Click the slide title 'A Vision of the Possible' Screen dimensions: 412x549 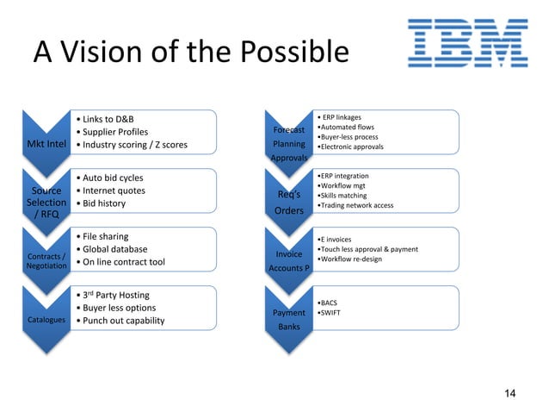pos(190,53)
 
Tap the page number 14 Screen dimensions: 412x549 pos(510,394)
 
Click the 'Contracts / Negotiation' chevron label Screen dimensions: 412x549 pos(45,261)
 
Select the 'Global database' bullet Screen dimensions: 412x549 pos(116,249)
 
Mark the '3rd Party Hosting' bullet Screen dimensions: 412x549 pos(117,296)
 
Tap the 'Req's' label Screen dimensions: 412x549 pos(288,195)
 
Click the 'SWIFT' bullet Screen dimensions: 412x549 pos(330,314)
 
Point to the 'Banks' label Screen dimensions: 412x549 pos(288,328)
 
